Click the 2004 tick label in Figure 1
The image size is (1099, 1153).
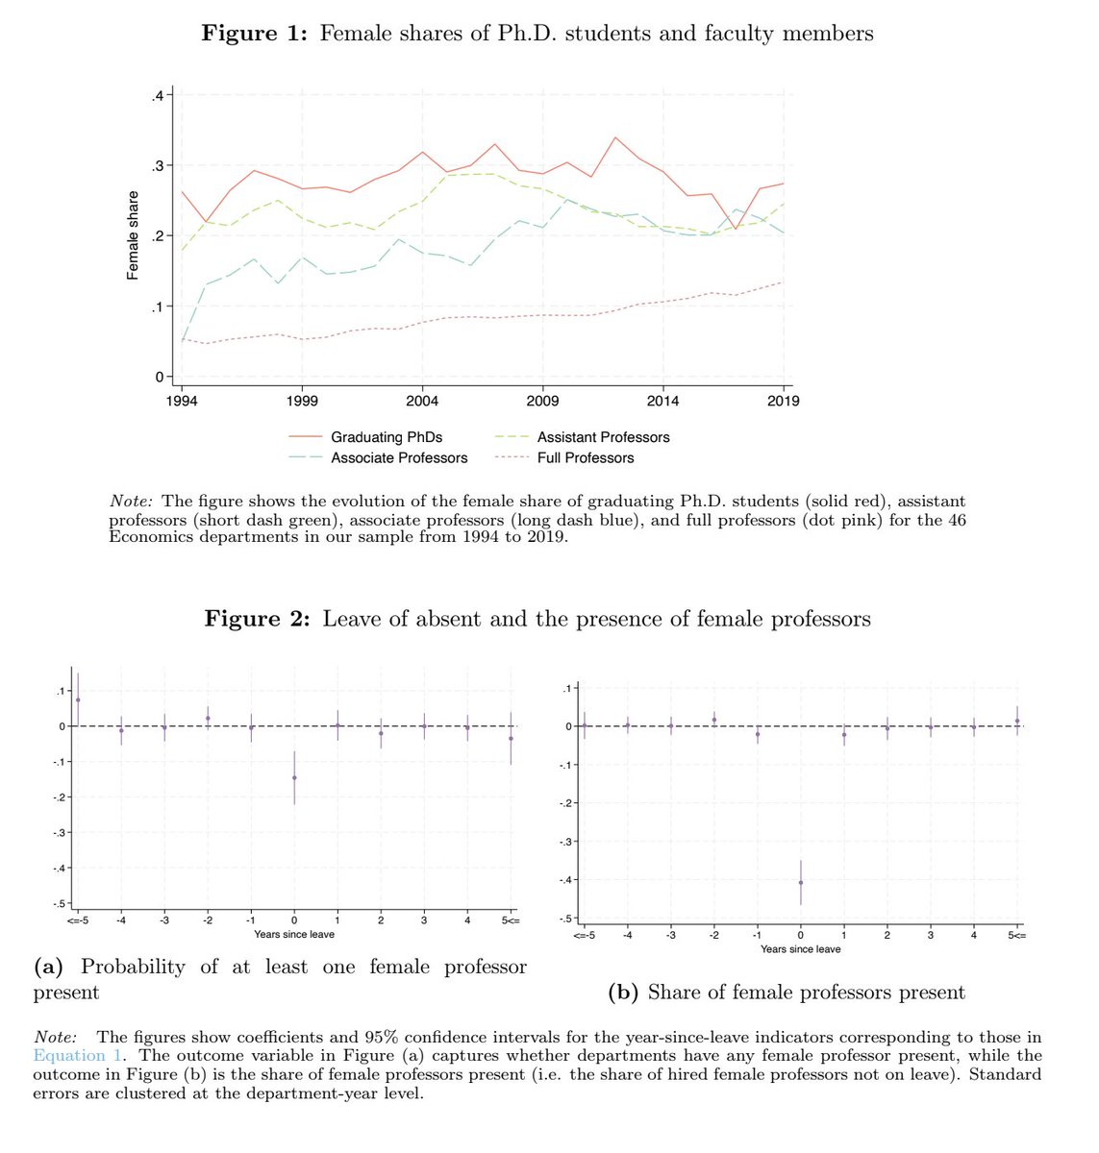click(422, 401)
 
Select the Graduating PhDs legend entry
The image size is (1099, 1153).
click(387, 437)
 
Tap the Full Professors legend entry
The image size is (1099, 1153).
click(586, 458)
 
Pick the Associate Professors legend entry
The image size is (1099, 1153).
click(399, 458)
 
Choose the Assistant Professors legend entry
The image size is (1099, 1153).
click(603, 437)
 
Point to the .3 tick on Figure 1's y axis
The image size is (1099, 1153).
click(157, 165)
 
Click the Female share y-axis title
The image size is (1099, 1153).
click(133, 235)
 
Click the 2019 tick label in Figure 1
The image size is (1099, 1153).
click(784, 401)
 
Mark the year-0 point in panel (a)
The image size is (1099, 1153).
click(294, 777)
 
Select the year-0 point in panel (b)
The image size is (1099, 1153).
click(800, 882)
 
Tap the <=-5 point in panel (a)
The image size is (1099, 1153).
click(78, 699)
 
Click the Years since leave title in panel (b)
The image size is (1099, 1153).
click(800, 949)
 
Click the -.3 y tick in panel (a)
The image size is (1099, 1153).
click(60, 832)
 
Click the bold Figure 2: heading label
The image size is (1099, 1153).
click(257, 619)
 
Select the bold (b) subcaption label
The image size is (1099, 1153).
click(625, 993)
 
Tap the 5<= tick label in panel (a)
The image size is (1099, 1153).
click(511, 920)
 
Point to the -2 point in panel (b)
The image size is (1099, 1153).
click(713, 720)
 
